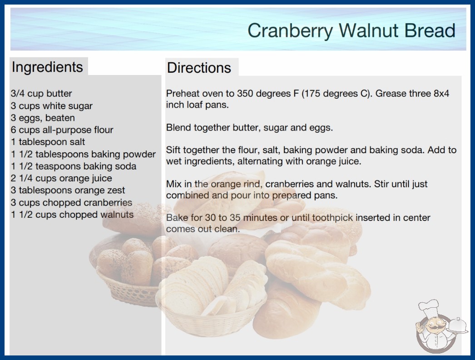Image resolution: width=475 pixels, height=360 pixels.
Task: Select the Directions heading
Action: point(199,68)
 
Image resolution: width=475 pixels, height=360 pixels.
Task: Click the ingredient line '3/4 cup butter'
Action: point(41,94)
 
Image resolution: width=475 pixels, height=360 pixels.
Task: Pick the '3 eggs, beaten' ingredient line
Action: point(43,118)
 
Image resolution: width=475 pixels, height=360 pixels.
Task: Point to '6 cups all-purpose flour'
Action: point(62,130)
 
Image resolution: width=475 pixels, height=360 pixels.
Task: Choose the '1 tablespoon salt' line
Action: point(48,142)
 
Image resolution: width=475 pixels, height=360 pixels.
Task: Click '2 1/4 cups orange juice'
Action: point(61,178)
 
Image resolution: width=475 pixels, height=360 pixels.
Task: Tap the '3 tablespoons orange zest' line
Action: point(68,190)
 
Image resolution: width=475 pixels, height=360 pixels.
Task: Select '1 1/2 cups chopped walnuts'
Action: point(72,215)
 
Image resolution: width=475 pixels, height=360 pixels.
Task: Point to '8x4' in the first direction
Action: point(441,94)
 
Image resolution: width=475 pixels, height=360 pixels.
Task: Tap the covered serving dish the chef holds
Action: point(457,326)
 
